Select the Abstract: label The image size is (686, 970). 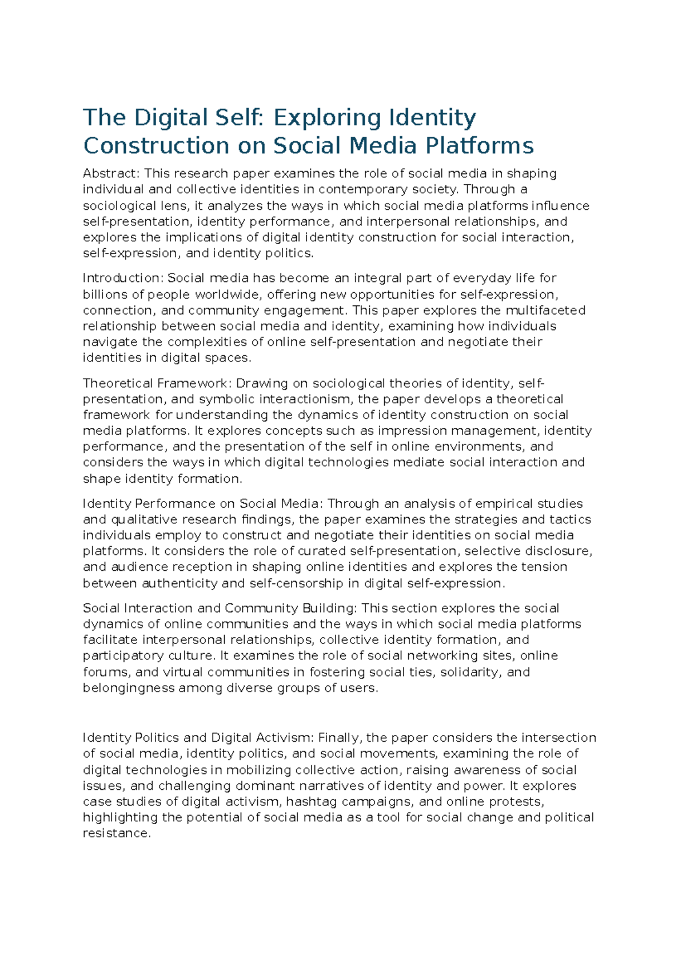pyautogui.click(x=111, y=173)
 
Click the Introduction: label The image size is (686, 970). pyautogui.click(x=123, y=279)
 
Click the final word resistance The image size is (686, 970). pyautogui.click(x=117, y=834)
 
